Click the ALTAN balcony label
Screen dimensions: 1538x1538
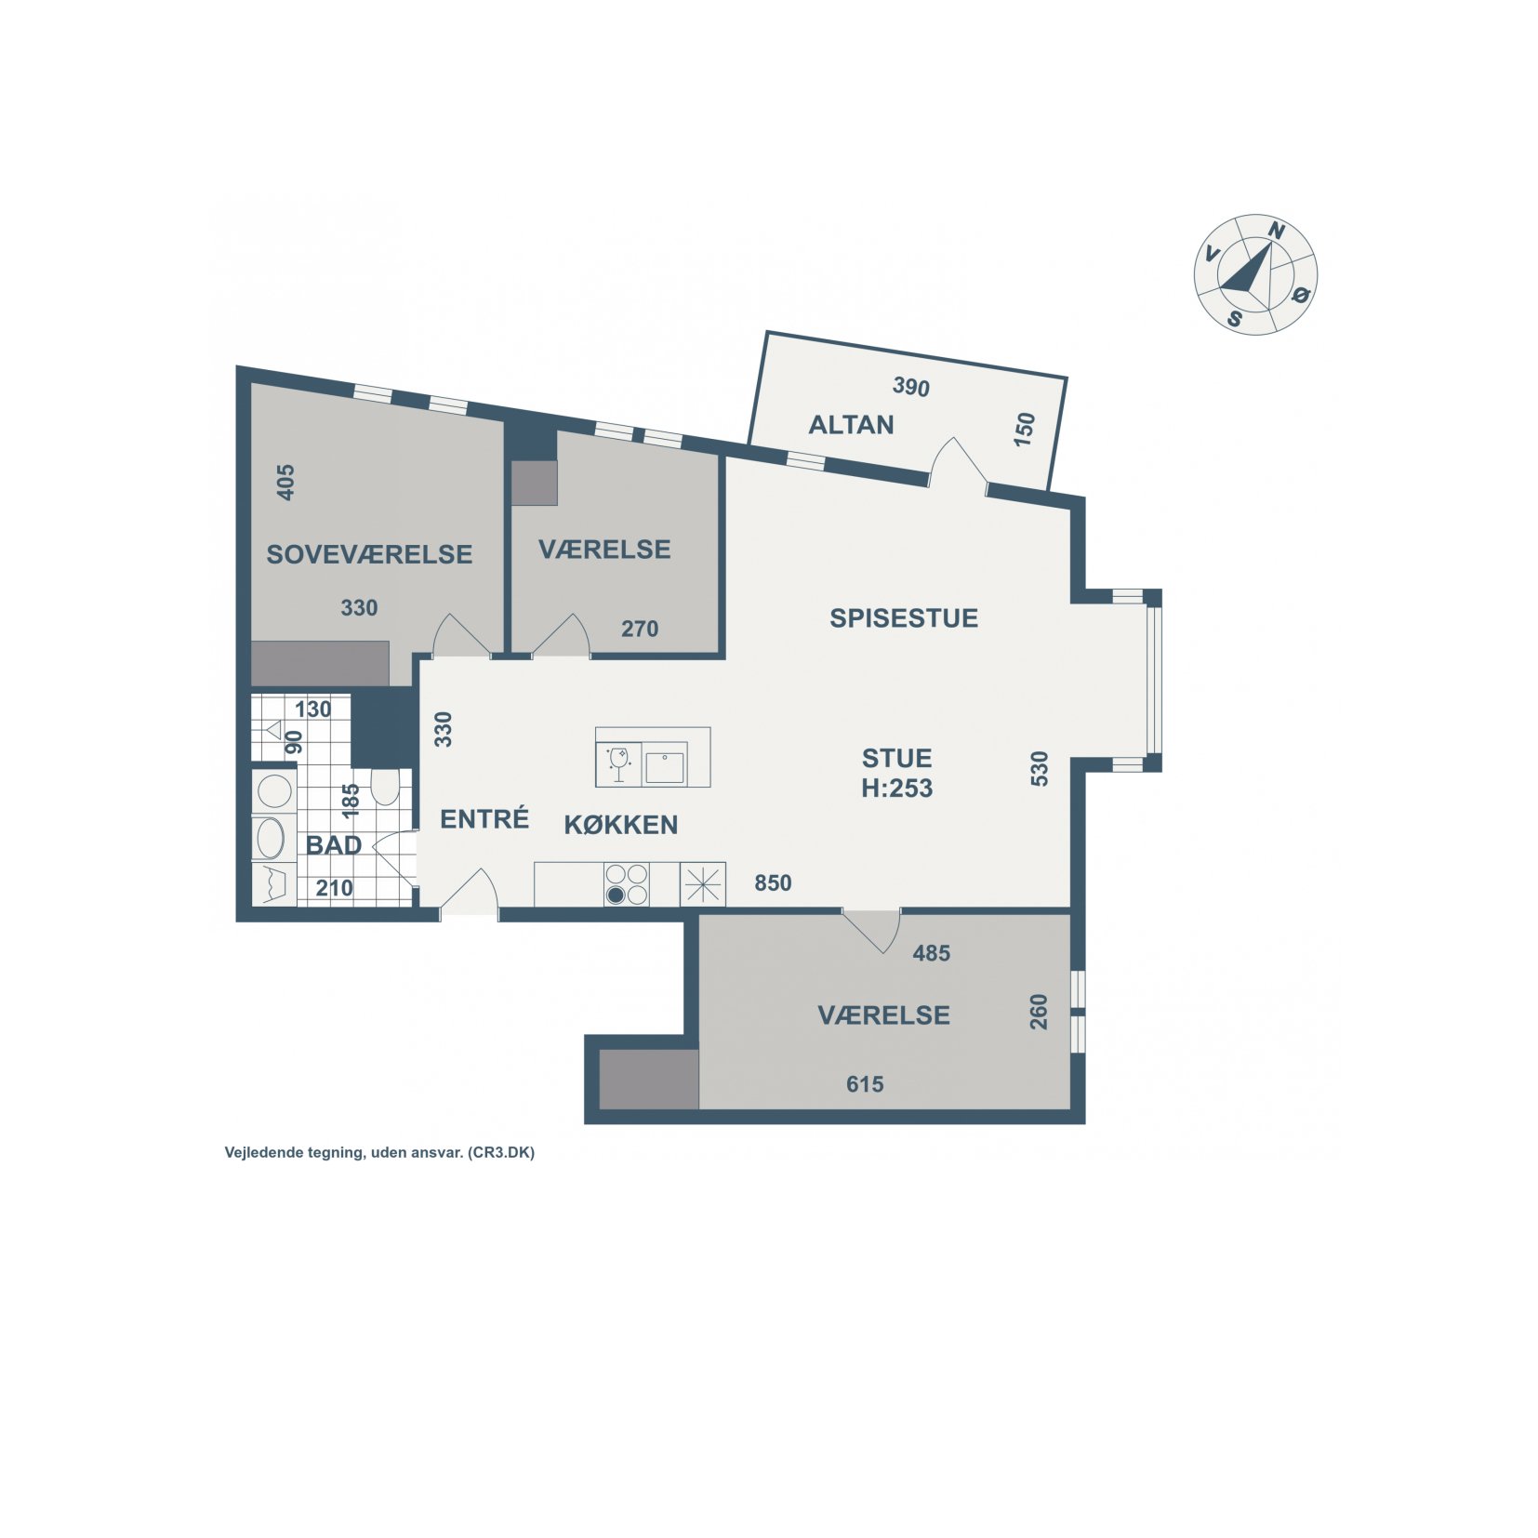click(851, 425)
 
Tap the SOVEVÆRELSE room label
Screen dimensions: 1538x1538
click(369, 554)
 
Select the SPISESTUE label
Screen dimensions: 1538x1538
click(904, 618)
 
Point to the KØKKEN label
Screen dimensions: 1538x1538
click(621, 825)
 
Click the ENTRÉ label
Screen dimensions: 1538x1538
click(484, 818)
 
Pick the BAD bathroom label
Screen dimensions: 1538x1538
click(334, 845)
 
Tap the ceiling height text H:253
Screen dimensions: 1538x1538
click(896, 789)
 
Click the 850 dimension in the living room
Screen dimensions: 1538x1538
click(773, 882)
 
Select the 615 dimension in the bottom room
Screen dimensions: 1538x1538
click(865, 1084)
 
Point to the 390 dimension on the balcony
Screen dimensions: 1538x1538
click(911, 387)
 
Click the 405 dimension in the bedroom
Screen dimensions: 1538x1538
click(286, 483)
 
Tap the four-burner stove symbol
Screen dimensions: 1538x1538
click(627, 884)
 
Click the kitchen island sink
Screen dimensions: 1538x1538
click(665, 767)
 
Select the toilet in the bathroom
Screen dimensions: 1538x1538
click(385, 786)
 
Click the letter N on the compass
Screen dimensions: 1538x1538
click(1278, 231)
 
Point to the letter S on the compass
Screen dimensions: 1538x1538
click(1235, 319)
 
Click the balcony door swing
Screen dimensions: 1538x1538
click(958, 460)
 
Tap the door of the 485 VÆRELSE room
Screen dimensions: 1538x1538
click(872, 930)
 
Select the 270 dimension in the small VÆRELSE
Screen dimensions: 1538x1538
click(640, 629)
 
